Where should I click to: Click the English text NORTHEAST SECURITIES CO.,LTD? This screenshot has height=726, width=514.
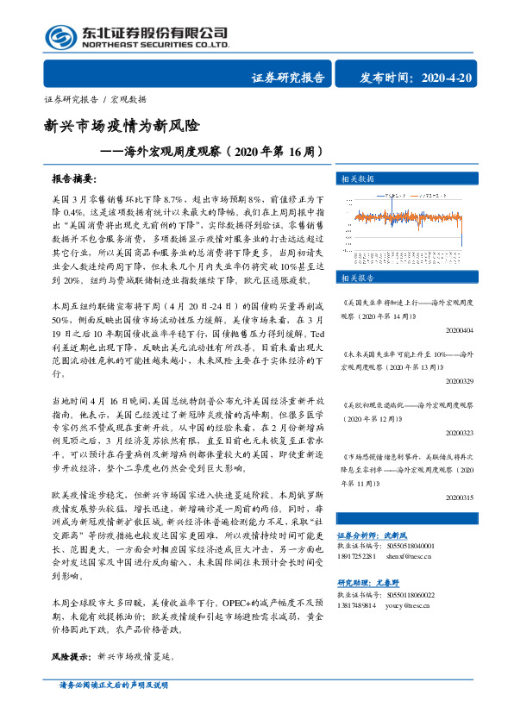click(156, 44)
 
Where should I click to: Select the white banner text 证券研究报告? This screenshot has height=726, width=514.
click(288, 78)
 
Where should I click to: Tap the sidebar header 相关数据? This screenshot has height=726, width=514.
click(355, 178)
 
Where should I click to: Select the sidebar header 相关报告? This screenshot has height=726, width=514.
click(355, 278)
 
